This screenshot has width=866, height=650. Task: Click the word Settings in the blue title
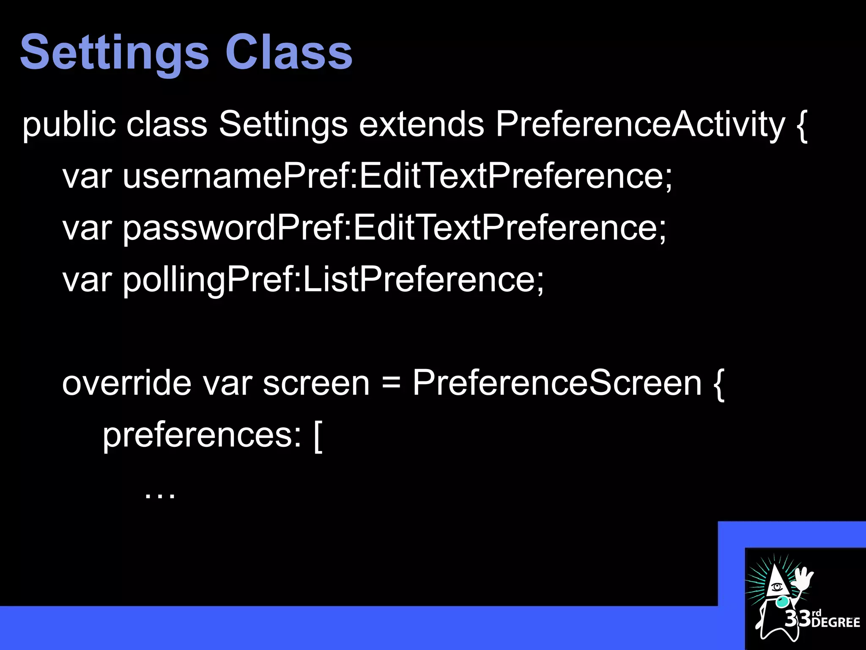(x=114, y=53)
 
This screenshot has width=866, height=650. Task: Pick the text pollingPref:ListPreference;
(x=333, y=280)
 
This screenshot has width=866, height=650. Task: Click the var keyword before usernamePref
(x=87, y=177)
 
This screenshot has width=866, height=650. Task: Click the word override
(x=126, y=383)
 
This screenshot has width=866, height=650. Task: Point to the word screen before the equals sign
(x=316, y=383)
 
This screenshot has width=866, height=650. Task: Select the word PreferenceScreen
(x=557, y=383)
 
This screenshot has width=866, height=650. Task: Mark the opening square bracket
(x=318, y=436)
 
